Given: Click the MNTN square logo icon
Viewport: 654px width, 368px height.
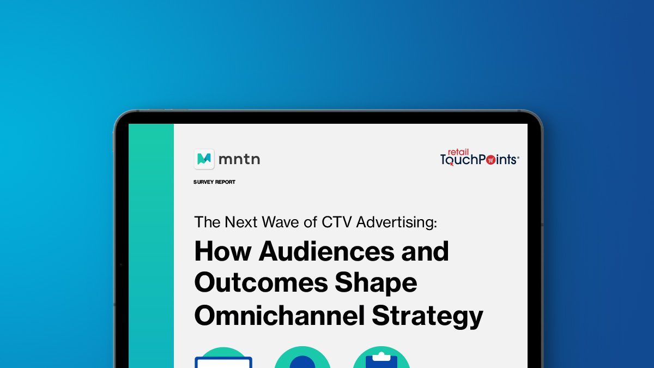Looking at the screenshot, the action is click(x=204, y=159).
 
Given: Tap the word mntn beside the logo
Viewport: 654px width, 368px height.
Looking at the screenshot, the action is click(x=239, y=159).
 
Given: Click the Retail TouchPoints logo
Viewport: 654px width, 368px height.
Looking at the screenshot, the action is click(x=480, y=158).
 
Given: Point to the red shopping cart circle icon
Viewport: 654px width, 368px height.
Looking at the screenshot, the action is click(x=491, y=160).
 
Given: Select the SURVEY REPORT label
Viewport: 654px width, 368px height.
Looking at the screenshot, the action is click(x=214, y=182).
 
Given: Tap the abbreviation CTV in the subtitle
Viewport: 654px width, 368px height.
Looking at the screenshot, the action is click(x=336, y=222).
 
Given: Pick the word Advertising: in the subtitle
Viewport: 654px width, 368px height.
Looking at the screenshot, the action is click(x=397, y=222).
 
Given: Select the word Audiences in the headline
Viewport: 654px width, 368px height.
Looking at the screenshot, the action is click(x=326, y=251).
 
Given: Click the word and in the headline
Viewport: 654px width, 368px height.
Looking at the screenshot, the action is click(x=425, y=251).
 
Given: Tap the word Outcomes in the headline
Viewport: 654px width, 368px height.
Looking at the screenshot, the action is click(x=261, y=282).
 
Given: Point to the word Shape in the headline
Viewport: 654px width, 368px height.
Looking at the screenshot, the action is click(x=376, y=283).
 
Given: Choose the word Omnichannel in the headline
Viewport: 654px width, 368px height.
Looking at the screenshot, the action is click(x=280, y=316).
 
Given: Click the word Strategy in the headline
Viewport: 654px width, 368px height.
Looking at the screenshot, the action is click(x=428, y=317).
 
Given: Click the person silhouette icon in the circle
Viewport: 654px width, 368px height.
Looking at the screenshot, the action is click(x=302, y=362).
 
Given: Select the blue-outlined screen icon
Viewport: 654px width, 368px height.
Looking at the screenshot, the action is click(x=223, y=363).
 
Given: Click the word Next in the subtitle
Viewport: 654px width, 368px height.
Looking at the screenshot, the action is click(x=241, y=222).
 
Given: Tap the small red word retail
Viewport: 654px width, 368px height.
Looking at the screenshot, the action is click(x=458, y=152).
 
